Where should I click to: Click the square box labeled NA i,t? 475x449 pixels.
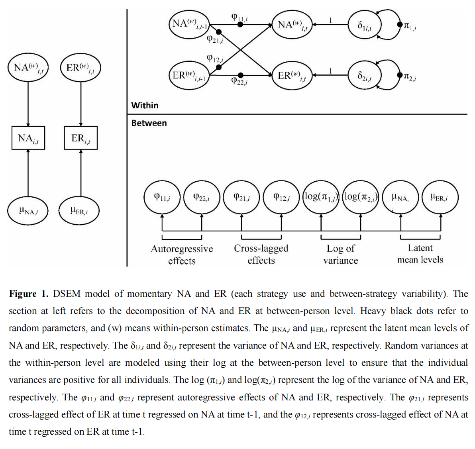(x=28, y=138)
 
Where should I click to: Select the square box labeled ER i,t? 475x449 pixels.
(x=81, y=138)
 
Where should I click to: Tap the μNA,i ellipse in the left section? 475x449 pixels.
(x=28, y=211)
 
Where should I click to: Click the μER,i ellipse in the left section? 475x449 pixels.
(x=79, y=211)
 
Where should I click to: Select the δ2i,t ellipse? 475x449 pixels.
(x=364, y=75)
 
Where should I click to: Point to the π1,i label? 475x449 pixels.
(x=410, y=26)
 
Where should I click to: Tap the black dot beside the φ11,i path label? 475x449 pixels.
(x=240, y=24)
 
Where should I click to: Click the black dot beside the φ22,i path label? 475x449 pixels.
(x=240, y=75)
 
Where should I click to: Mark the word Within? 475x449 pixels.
(x=145, y=106)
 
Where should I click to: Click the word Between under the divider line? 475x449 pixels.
(x=149, y=123)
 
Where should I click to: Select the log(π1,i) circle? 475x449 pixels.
(x=321, y=197)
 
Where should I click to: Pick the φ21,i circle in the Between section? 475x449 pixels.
(x=242, y=197)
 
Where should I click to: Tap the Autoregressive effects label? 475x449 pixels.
(x=182, y=255)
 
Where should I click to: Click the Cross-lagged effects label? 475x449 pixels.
(x=261, y=254)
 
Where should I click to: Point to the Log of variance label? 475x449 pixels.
(x=341, y=254)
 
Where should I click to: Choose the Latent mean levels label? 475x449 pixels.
(x=420, y=254)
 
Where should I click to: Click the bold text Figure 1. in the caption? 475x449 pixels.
(x=28, y=294)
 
